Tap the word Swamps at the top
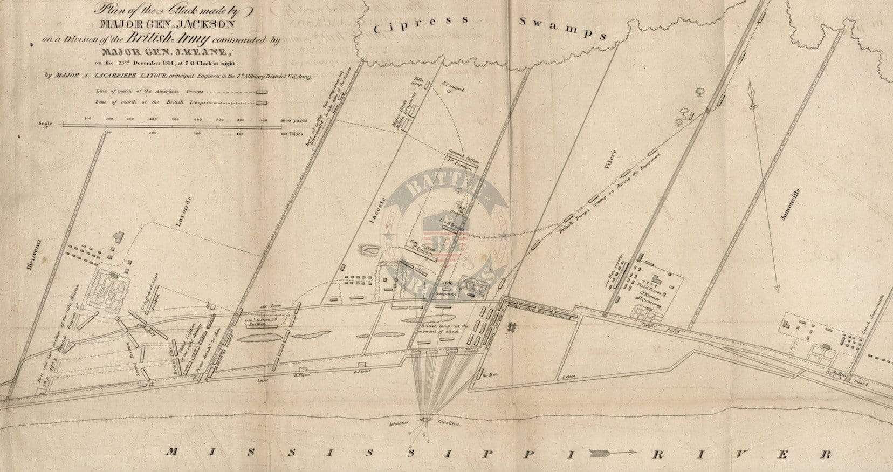coord(563,29)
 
